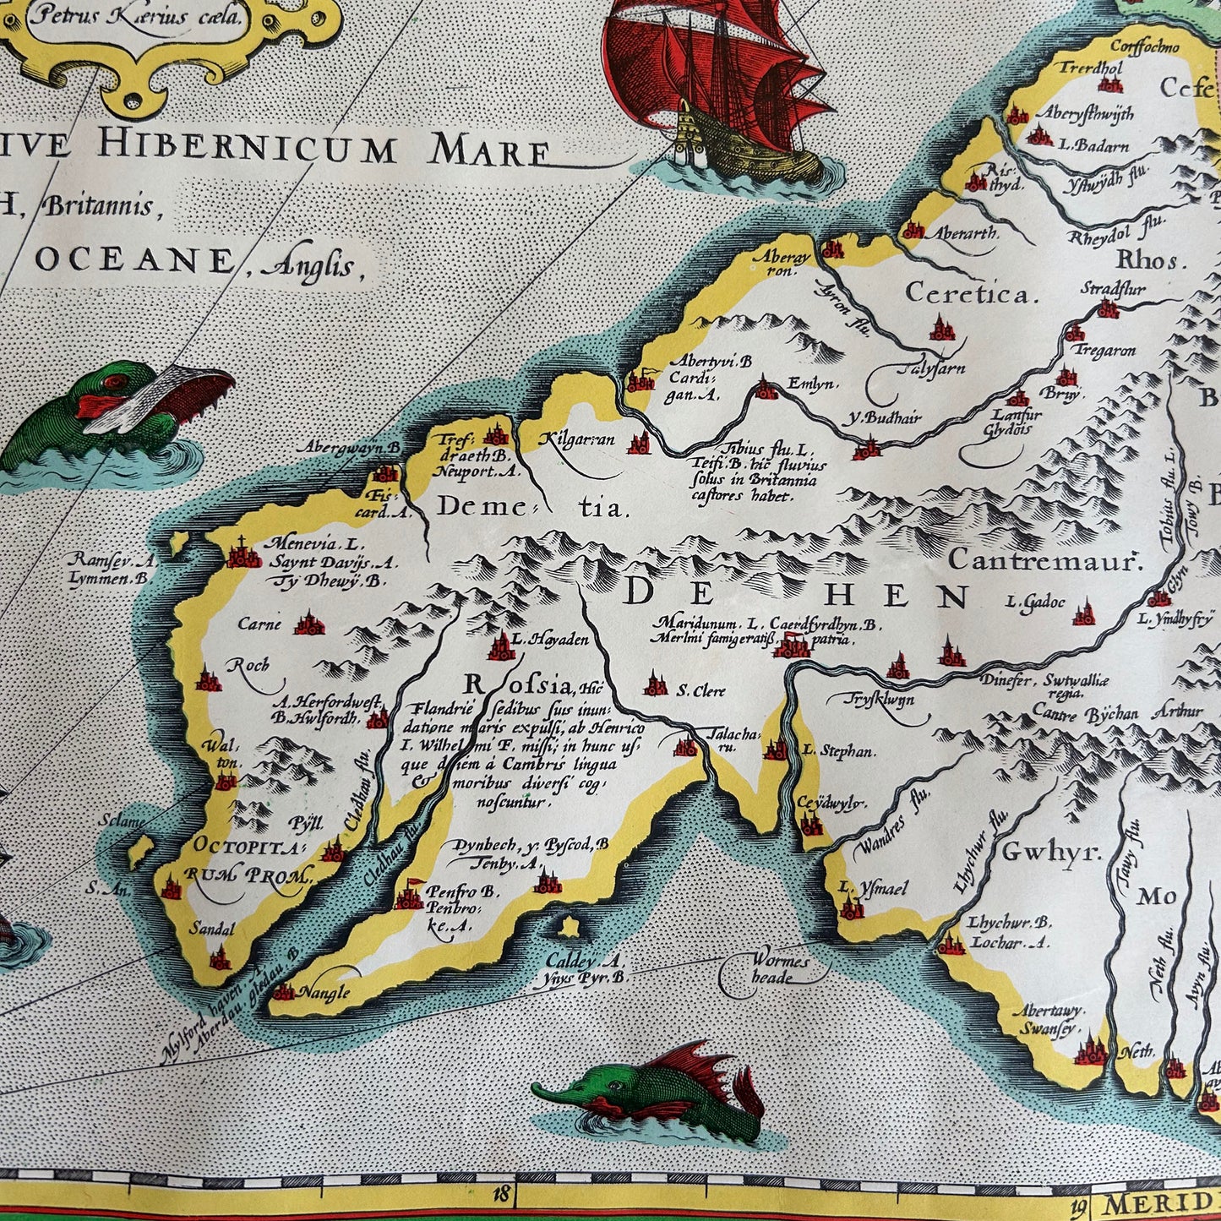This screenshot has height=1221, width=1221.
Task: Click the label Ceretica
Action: [x=970, y=294]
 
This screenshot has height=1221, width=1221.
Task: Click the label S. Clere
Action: [x=700, y=690]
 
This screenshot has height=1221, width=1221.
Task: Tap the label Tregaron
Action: [x=1104, y=351]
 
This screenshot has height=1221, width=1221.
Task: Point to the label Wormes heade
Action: [x=778, y=969]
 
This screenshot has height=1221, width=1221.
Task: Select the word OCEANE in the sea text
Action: [x=134, y=260]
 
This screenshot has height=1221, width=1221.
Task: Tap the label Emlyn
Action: [x=812, y=384]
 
